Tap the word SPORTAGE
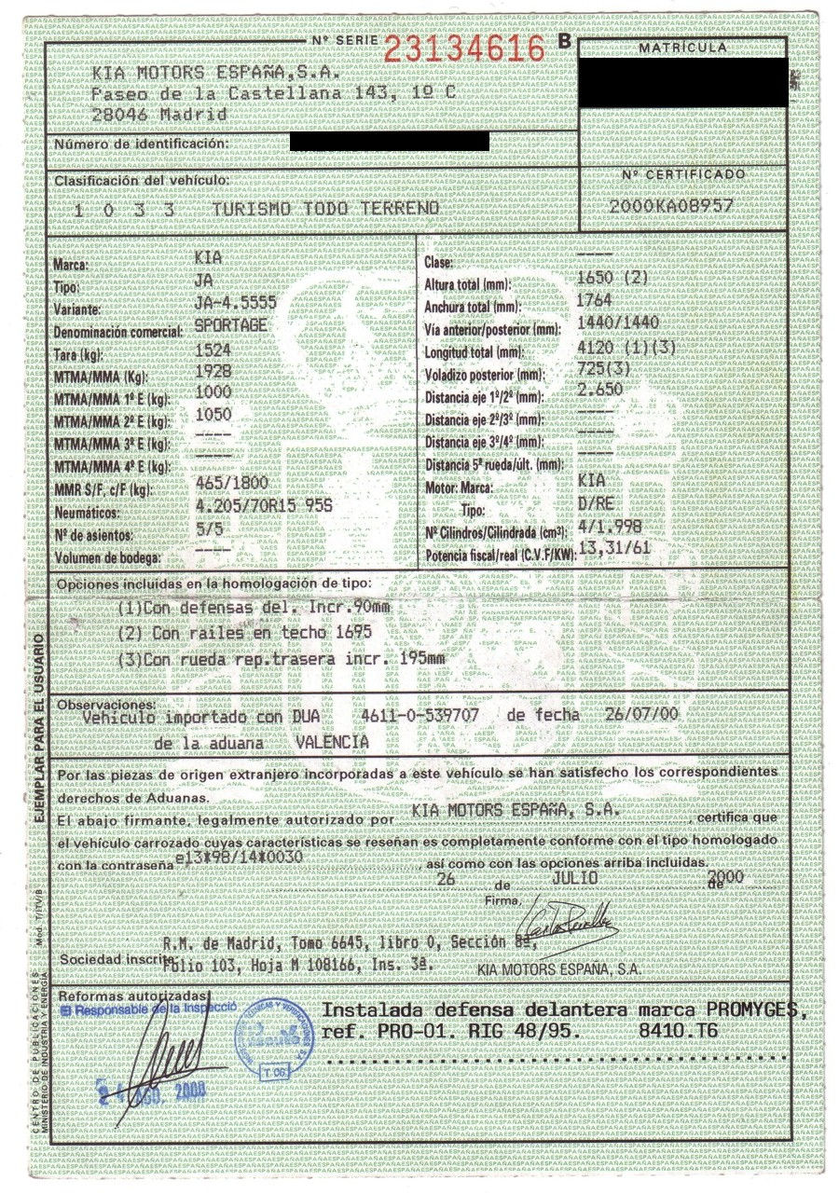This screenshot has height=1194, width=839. pyautogui.click(x=232, y=325)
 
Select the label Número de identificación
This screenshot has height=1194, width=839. pyautogui.click(x=141, y=144)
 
